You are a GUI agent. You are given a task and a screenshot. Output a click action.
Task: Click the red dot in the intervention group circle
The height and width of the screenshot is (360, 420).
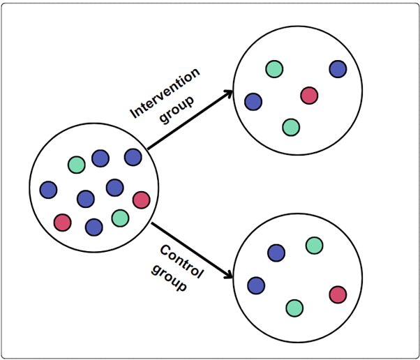pyautogui.click(x=309, y=96)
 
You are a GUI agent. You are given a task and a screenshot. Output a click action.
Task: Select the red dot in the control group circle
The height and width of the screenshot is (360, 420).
pyautogui.click(x=338, y=294)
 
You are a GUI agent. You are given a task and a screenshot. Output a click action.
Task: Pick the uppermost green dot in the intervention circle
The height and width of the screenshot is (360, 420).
pyautogui.click(x=274, y=68)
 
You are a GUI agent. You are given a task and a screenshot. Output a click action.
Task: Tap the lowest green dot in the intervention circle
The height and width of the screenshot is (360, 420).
pyautogui.click(x=291, y=127)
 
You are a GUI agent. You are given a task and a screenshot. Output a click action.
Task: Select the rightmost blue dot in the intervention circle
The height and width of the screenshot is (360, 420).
pyautogui.click(x=338, y=68)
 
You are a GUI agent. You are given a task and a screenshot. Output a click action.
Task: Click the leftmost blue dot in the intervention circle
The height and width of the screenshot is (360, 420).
pyautogui.click(x=253, y=102)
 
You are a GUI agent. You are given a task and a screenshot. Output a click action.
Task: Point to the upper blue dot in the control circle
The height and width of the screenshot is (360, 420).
pyautogui.click(x=276, y=253)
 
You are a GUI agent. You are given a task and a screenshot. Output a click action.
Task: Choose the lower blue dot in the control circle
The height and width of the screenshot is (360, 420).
pyautogui.click(x=256, y=285)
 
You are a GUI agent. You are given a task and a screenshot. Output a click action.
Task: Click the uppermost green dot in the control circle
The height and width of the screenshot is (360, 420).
pyautogui.click(x=315, y=245)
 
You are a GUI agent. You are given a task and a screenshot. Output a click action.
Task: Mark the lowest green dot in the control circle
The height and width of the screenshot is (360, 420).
pyautogui.click(x=294, y=307)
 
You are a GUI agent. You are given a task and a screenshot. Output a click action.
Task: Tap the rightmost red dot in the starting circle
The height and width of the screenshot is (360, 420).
pyautogui.click(x=141, y=200)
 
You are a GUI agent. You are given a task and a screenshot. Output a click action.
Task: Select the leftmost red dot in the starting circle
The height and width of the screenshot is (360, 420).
pyautogui.click(x=63, y=223)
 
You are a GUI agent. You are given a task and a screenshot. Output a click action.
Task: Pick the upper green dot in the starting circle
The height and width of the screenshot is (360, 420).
pyautogui.click(x=76, y=165)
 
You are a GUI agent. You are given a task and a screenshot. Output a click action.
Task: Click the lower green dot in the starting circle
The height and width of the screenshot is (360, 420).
pyautogui.click(x=120, y=218)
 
